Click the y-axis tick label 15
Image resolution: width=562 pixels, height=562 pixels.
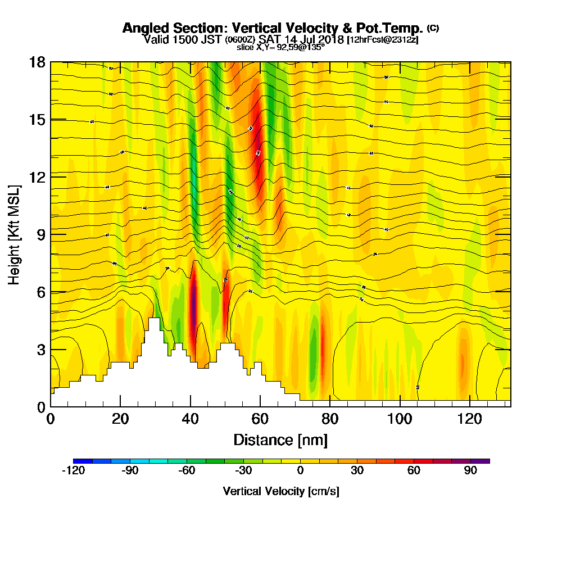[37, 120]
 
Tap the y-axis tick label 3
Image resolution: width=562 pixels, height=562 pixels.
[40, 349]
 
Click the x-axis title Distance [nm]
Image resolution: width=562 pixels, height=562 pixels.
[280, 439]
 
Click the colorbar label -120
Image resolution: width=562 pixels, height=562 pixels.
[73, 471]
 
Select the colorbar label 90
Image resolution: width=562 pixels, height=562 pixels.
[470, 471]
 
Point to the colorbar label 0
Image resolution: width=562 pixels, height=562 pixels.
[300, 471]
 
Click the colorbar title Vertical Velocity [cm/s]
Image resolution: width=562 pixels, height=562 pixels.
[280, 491]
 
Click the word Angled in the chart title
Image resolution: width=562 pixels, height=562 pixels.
[147, 28]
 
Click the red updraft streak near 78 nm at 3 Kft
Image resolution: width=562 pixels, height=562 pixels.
[323, 346]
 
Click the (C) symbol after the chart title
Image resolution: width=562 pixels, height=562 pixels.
[433, 28]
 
